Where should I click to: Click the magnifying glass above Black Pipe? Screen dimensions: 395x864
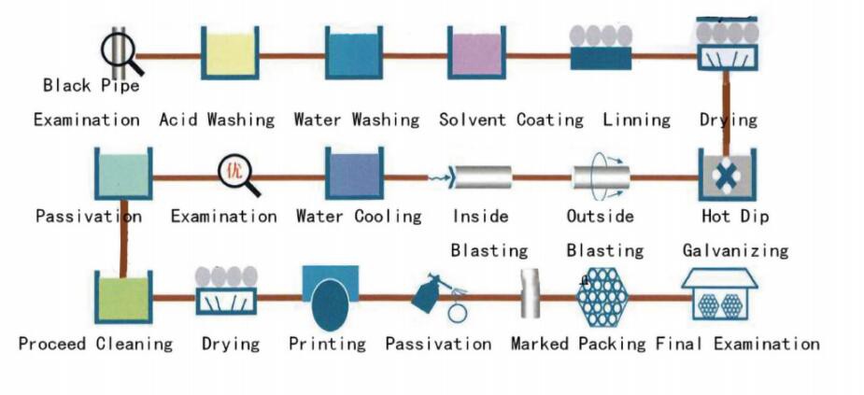coord(121,52)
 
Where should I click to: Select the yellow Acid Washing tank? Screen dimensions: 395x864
coord(230,54)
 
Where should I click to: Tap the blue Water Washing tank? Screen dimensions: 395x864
coord(354,54)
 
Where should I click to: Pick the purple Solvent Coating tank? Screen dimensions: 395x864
coord(476,54)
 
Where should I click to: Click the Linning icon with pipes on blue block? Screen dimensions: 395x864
coord(600,49)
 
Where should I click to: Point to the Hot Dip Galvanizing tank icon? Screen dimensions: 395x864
coord(727,174)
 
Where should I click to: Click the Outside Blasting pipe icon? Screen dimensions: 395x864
coord(601,176)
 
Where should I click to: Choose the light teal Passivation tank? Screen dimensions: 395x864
coord(123,173)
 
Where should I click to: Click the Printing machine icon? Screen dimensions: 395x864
coord(331,296)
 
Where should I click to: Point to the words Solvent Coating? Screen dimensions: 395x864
coord(511,120)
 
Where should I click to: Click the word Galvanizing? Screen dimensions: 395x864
coord(735,250)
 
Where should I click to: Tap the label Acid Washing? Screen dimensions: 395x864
coord(217,120)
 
